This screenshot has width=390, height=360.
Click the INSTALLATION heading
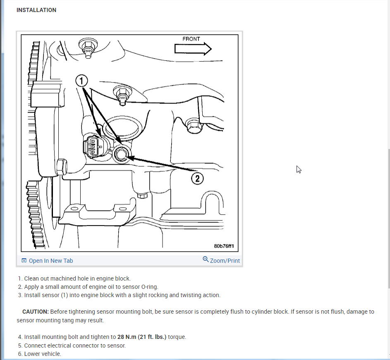click(36, 10)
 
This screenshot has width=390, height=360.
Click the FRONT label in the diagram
click(191, 39)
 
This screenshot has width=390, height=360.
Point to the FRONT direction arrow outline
click(193, 49)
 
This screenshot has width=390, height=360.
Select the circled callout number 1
click(82, 81)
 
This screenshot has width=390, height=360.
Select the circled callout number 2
click(197, 178)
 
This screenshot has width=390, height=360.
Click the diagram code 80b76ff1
click(224, 246)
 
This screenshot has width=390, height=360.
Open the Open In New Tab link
click(51, 261)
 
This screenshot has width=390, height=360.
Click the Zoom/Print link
click(225, 261)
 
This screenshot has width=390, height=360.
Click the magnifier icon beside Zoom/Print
click(206, 259)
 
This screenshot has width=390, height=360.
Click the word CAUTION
click(36, 312)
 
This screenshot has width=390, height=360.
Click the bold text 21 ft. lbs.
click(154, 337)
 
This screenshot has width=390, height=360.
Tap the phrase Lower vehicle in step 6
click(43, 354)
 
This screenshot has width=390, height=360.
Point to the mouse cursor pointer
click(299, 169)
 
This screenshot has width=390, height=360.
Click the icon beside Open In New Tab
click(24, 261)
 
